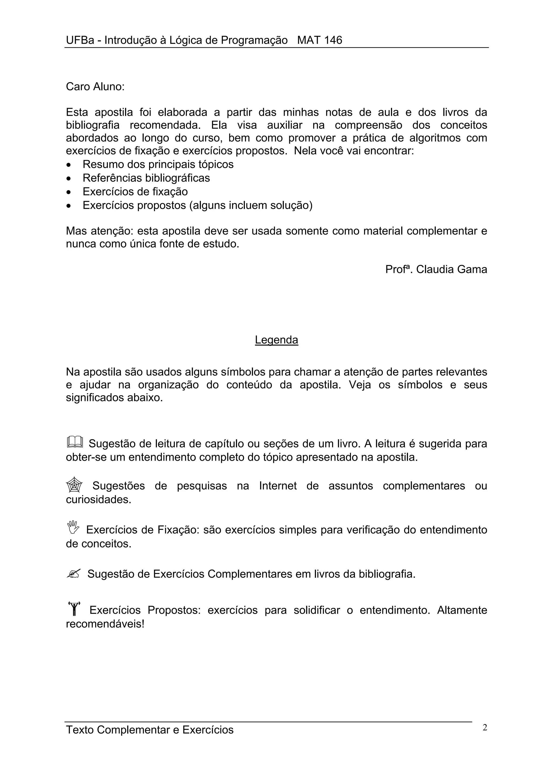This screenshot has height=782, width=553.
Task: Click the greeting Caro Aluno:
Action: click(x=95, y=87)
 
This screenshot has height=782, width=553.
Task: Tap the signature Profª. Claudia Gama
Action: click(x=436, y=269)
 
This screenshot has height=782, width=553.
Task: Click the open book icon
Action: click(x=75, y=442)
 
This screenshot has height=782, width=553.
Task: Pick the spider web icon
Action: click(x=74, y=485)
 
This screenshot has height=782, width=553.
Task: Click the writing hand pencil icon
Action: click(x=73, y=574)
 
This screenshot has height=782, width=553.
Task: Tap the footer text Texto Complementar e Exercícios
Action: click(x=150, y=730)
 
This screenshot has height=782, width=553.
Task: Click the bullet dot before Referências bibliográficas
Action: click(x=69, y=178)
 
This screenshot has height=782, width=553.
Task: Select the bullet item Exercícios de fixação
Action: click(x=135, y=192)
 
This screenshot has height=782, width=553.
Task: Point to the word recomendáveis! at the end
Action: click(x=105, y=624)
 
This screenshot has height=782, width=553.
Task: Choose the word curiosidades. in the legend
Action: click(x=99, y=500)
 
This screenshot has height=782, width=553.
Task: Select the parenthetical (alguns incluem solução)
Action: click(x=251, y=205)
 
